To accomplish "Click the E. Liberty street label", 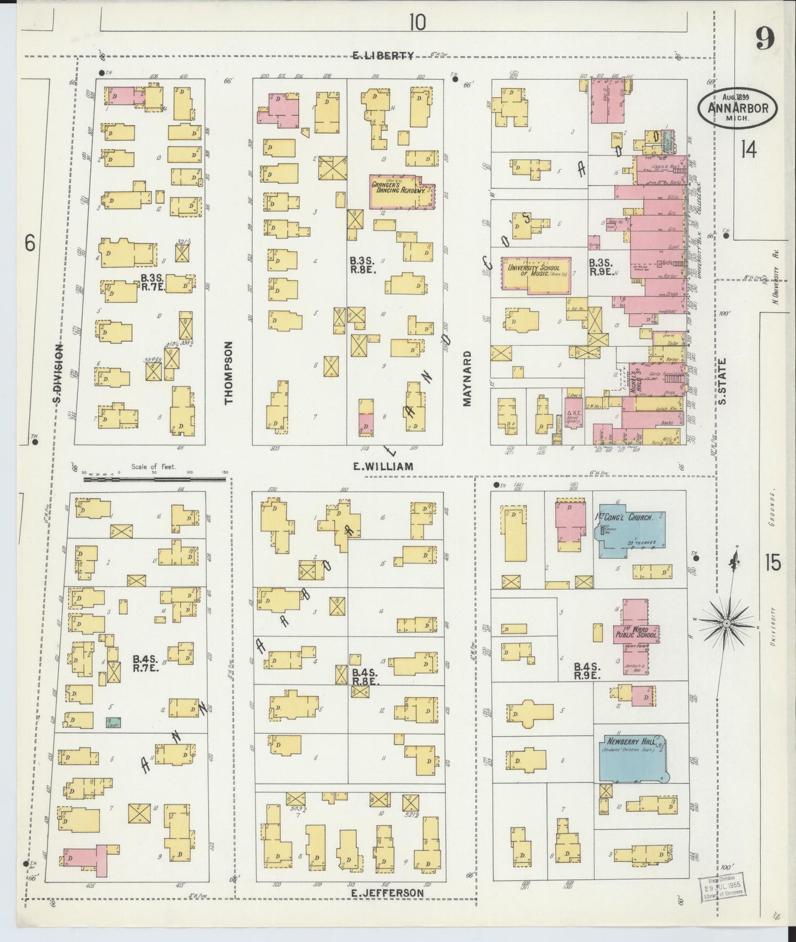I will (383, 55).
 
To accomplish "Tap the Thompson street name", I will (229, 372).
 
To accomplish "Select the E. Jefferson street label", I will (389, 893).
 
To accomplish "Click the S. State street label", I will (723, 381).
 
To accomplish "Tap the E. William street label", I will (383, 467).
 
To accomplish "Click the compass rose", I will (726, 622).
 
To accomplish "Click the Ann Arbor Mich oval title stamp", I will (738, 107).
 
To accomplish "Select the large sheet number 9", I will (765, 39).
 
